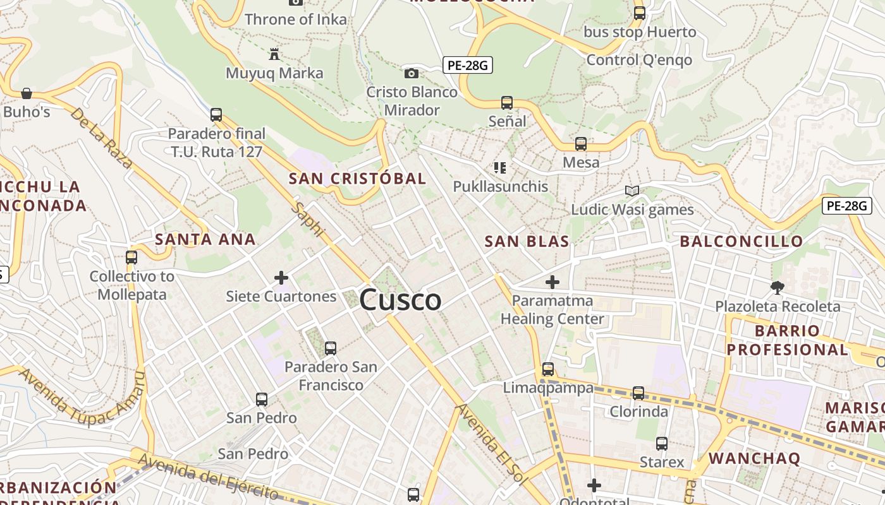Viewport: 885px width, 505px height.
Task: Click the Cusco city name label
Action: (x=400, y=300)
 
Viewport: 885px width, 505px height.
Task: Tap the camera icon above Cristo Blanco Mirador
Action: (x=412, y=73)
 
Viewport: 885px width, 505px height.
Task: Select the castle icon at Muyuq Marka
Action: (x=274, y=54)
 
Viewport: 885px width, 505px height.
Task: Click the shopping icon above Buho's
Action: (x=27, y=93)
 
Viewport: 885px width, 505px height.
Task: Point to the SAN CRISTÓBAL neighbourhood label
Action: (x=357, y=179)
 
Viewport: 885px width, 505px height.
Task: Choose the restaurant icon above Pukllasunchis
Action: (x=500, y=168)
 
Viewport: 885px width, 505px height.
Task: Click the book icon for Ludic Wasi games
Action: (x=632, y=191)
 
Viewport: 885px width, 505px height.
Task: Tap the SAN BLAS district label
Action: (x=527, y=241)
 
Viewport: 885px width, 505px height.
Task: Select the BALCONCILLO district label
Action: (x=741, y=241)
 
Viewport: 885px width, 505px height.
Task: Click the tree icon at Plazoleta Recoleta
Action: (x=777, y=288)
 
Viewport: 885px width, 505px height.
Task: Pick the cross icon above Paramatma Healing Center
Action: (x=552, y=282)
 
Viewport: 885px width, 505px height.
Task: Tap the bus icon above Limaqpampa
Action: (x=548, y=369)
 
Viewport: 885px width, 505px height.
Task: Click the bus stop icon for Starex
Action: (x=662, y=444)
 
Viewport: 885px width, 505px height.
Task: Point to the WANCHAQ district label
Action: (x=754, y=458)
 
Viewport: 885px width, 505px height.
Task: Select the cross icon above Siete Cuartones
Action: (x=281, y=277)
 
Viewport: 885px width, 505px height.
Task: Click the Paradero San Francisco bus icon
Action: (x=330, y=348)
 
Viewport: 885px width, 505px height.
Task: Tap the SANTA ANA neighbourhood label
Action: (x=205, y=239)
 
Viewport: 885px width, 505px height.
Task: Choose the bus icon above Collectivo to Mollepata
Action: (x=131, y=258)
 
